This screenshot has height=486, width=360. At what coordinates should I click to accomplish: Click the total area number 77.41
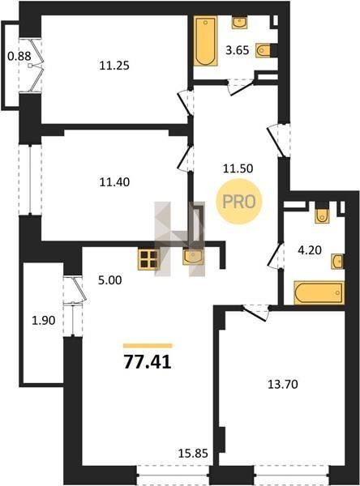(x=148, y=362)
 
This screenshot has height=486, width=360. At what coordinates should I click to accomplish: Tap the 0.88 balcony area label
(x=19, y=57)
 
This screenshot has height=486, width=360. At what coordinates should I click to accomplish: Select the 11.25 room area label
(x=114, y=66)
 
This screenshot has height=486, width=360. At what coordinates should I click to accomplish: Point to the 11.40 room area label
(x=114, y=182)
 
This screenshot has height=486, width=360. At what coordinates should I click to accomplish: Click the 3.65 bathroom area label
(x=238, y=50)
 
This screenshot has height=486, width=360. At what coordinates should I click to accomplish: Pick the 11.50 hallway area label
(x=238, y=168)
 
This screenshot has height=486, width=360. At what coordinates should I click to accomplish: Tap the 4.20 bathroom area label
(x=310, y=249)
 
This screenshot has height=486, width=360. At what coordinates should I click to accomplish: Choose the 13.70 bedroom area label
(x=283, y=384)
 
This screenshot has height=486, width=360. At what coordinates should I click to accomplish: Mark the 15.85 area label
(x=193, y=454)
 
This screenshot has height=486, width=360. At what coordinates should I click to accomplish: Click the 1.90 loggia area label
(x=44, y=321)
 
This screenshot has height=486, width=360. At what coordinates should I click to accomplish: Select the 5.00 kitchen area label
(x=109, y=280)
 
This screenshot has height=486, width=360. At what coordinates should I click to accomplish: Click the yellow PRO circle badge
(x=239, y=202)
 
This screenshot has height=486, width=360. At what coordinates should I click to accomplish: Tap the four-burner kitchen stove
(x=148, y=259)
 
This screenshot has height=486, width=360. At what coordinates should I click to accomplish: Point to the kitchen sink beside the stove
(x=193, y=257)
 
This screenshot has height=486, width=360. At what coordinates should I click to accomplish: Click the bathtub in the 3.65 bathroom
(x=205, y=41)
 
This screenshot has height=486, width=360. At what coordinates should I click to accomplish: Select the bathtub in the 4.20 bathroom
(x=319, y=292)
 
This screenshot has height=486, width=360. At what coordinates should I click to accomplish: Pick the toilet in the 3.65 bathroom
(x=263, y=50)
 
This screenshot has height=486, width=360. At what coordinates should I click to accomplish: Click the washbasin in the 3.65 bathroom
(x=239, y=23)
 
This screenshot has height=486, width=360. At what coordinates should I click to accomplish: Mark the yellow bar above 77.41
(x=148, y=346)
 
